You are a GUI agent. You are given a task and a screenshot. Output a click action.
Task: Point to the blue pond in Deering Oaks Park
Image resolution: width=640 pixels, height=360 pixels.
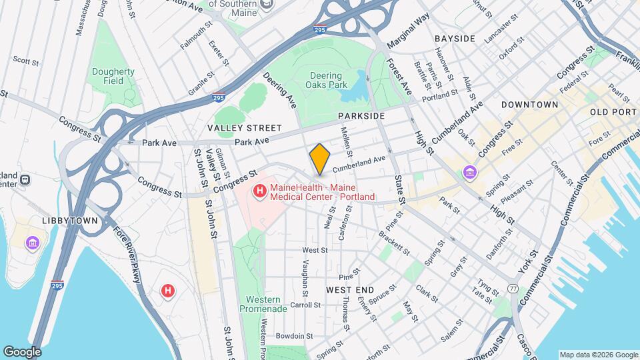click(356, 89)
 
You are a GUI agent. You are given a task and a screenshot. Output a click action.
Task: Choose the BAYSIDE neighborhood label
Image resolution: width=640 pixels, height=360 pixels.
click(455, 39)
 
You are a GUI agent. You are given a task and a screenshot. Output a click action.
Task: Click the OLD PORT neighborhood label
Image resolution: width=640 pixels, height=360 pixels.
click(613, 112)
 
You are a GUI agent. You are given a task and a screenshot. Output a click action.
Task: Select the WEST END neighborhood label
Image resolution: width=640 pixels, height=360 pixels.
click(350, 290)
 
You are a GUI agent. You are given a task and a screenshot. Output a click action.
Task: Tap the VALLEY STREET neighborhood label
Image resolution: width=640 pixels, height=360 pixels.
click(244, 128)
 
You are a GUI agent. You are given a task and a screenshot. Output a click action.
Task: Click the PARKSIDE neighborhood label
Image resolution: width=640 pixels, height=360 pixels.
click(361, 116)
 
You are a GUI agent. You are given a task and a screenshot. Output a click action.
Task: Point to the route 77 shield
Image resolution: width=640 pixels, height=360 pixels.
click(513, 288)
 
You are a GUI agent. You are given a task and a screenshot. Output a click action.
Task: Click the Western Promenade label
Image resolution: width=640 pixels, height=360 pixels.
click(265, 304)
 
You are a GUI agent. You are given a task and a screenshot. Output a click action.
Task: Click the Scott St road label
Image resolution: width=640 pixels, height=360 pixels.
click(26, 61)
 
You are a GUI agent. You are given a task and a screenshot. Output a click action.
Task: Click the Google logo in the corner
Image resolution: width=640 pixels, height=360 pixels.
click(22, 351)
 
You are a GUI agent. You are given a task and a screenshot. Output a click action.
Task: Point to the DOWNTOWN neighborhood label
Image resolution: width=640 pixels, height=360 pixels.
click(529, 105)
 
